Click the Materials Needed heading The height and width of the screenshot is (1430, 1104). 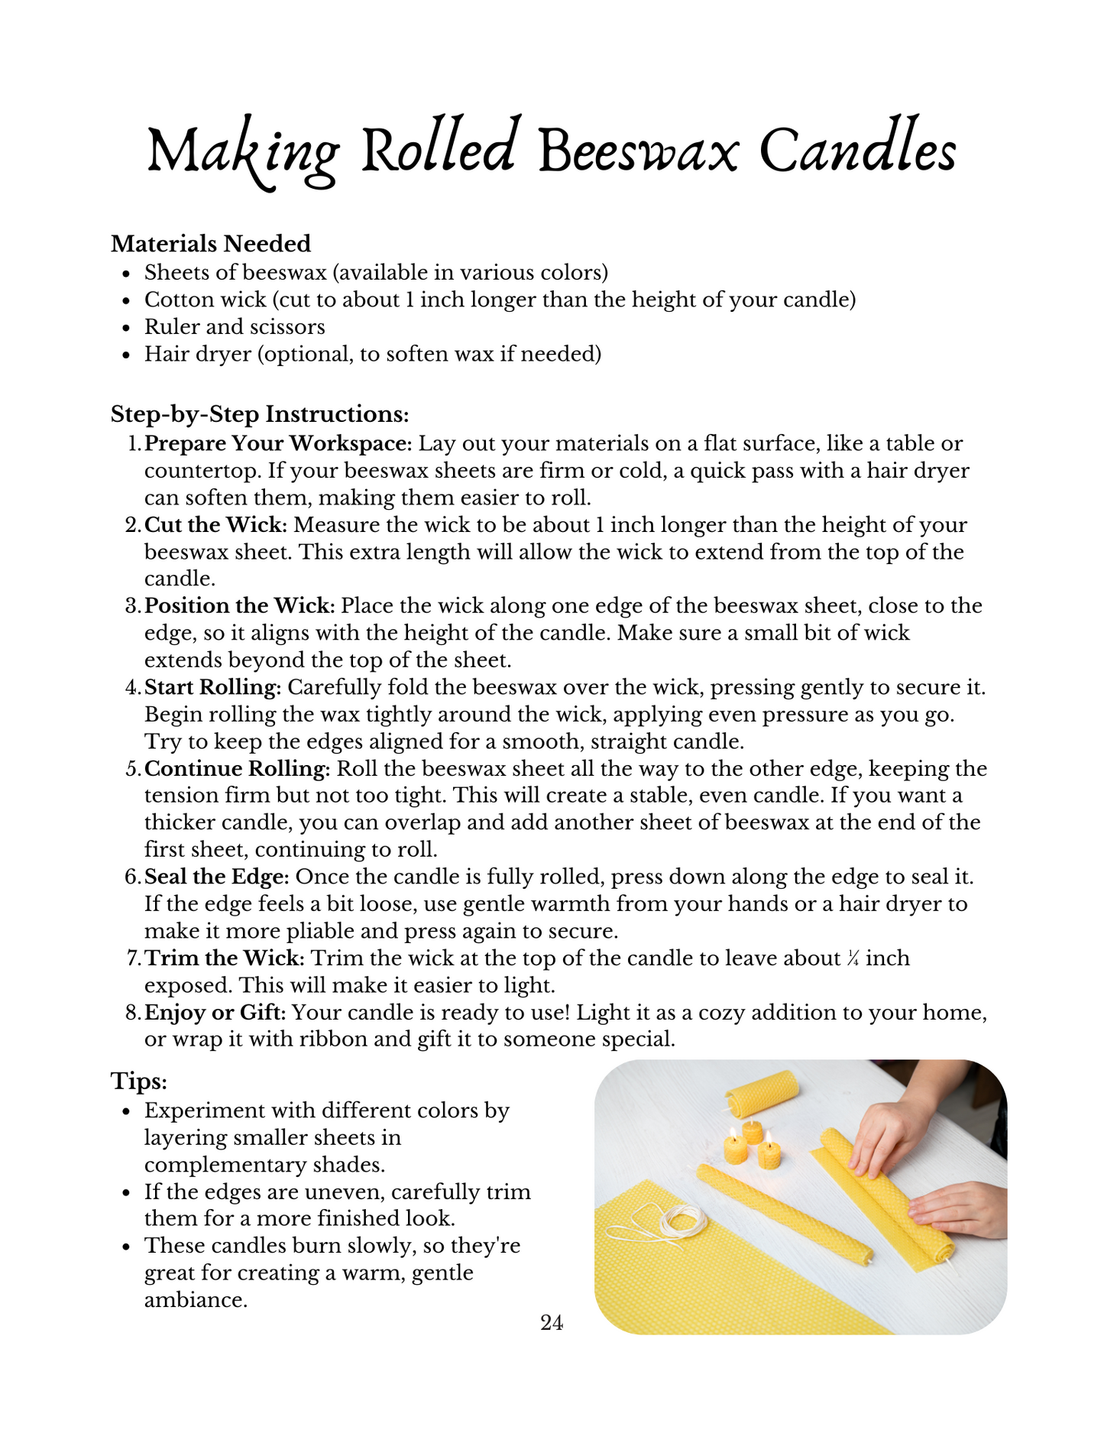[211, 244]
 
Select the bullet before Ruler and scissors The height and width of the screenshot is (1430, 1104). [128, 328]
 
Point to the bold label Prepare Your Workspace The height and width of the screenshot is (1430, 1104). [278, 443]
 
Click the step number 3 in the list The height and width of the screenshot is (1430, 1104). [131, 606]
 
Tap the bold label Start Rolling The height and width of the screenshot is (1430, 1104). [212, 687]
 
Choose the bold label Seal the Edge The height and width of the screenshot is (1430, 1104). [216, 877]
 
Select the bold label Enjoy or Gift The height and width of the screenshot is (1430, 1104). [215, 1013]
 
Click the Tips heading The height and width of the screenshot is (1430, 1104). [139, 1081]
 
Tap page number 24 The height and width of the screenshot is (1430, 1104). [552, 1322]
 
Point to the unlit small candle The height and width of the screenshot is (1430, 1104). [753, 1131]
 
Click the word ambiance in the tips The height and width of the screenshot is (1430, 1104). [196, 1299]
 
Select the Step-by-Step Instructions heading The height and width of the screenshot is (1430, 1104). [260, 414]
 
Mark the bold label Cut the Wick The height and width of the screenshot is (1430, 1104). [215, 525]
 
